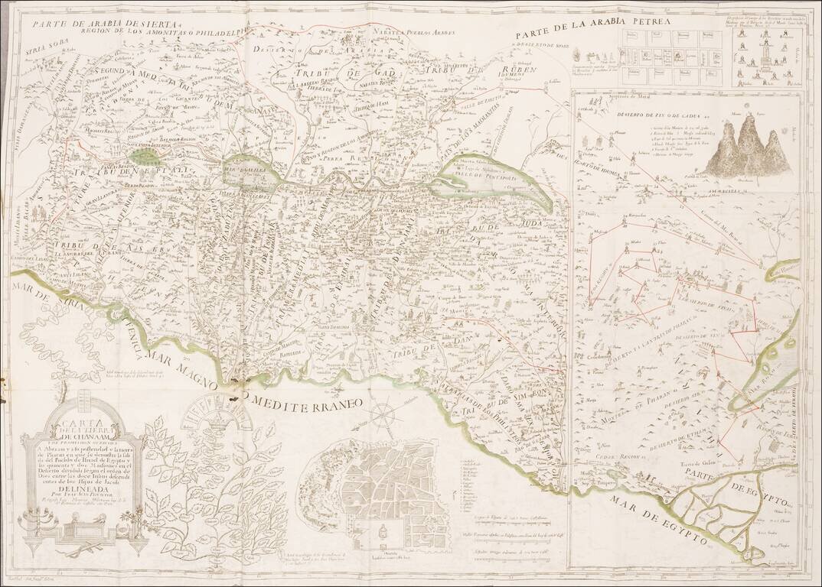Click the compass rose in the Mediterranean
pos(383,415)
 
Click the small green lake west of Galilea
pos(144,156)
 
